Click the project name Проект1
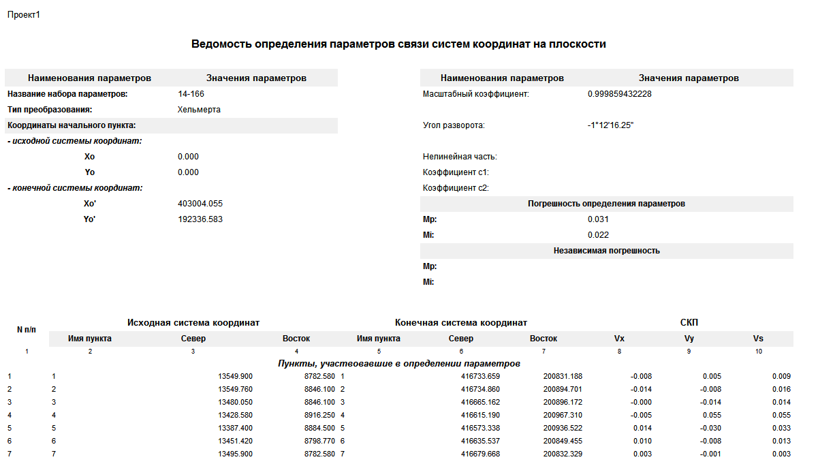[x=24, y=14]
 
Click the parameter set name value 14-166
[x=191, y=94]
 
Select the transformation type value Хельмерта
[x=199, y=110]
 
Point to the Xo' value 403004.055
[x=200, y=204]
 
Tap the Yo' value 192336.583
[x=200, y=219]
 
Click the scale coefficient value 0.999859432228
[x=619, y=94]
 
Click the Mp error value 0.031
[x=598, y=219]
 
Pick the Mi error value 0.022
[x=598, y=235]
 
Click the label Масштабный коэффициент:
[x=475, y=94]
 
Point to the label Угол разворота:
[x=453, y=125]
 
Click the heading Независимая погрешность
[x=606, y=251]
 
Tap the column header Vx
[x=619, y=339]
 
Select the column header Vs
[x=758, y=339]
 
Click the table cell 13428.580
[x=235, y=415]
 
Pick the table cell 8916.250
[x=319, y=415]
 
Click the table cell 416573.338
[x=480, y=428]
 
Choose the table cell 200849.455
[x=563, y=441]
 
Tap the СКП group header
[x=689, y=322]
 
